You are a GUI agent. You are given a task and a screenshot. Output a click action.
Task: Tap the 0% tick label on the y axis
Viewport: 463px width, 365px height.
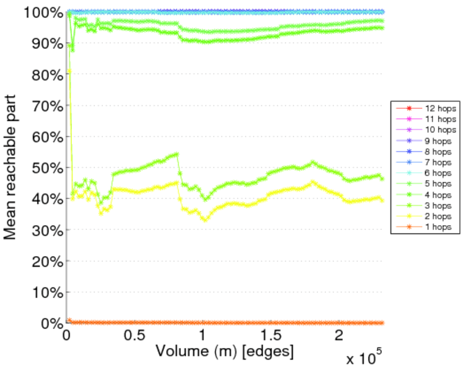[51, 323]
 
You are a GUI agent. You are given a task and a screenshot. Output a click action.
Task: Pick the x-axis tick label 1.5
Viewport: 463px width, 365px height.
[269, 336]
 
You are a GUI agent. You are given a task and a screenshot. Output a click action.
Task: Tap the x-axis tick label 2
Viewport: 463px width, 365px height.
[339, 336]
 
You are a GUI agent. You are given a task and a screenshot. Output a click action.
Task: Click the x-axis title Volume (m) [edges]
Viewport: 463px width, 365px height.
[225, 351]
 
